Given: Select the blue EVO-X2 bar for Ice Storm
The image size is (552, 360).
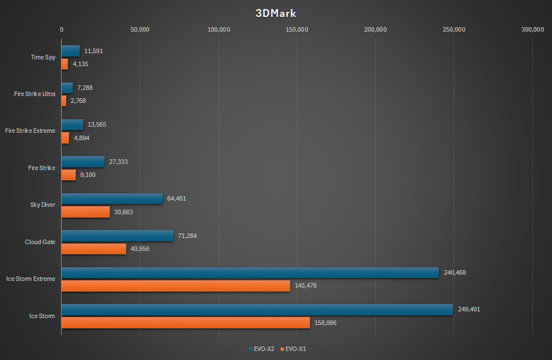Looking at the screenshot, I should tap(257, 310).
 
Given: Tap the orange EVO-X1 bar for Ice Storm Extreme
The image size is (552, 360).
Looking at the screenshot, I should tap(175, 286).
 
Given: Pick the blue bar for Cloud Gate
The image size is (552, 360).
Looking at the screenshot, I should tap(117, 236).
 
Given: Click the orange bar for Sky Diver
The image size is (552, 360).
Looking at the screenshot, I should tap(86, 212).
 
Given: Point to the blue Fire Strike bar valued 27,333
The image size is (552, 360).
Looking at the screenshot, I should tap(83, 161).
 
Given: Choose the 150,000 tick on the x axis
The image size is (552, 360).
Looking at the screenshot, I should tap(297, 30).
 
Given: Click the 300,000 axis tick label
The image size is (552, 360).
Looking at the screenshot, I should tap(532, 30).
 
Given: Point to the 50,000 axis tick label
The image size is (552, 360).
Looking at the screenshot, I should tap(140, 30).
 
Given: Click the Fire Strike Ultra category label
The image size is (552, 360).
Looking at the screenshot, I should tap(34, 94).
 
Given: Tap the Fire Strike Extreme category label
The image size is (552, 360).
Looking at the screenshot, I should tap(30, 130).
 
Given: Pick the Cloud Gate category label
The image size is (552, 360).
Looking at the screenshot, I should tap(39, 242).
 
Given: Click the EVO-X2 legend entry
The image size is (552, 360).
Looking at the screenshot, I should tap(262, 349).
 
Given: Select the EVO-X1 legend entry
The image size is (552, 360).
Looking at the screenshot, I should tap(295, 349).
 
